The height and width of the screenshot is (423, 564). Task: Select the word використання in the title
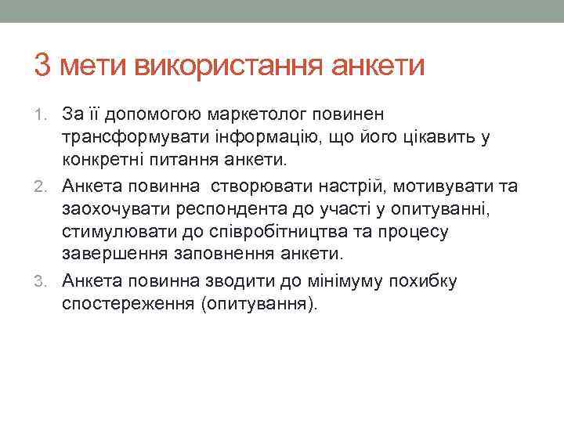click(222, 66)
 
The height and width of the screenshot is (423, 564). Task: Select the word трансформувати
click(132, 139)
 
